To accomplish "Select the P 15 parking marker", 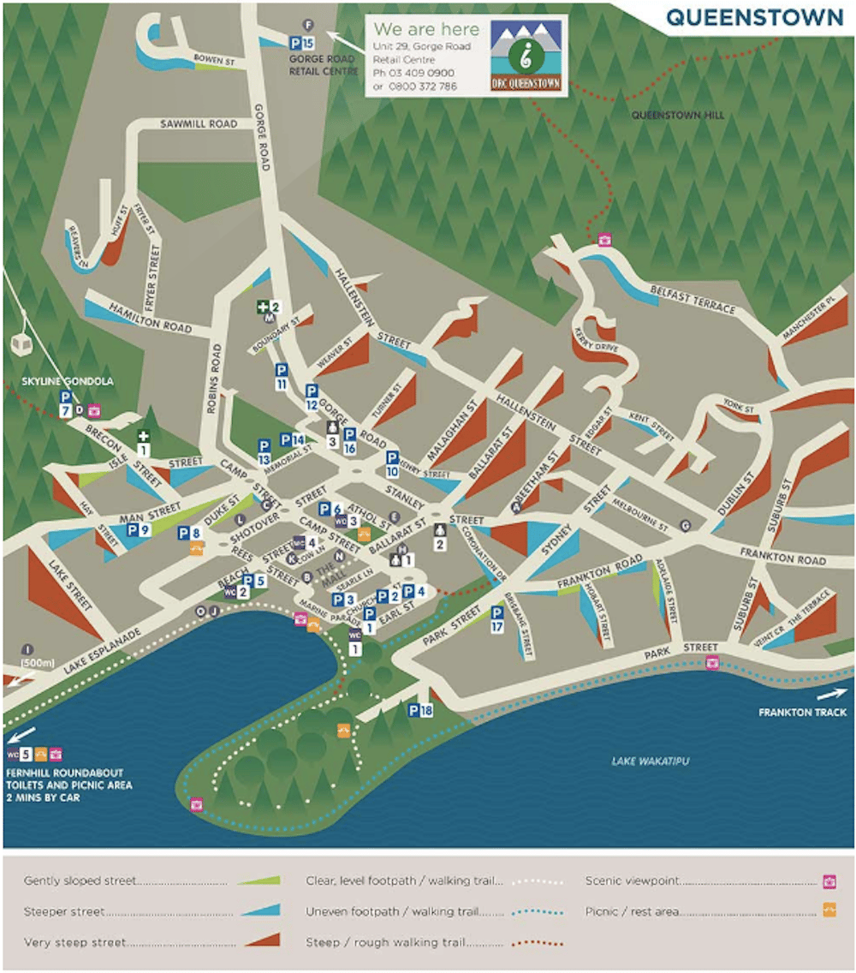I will pos(302,42).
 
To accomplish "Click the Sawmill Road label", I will pos(199,124).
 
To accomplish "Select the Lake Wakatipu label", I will pos(651,761).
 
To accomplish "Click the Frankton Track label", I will pos(802,712).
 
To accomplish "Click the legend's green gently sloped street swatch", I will pos(260,880).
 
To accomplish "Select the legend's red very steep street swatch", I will pos(260,942).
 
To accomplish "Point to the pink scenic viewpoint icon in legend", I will pos(829,880).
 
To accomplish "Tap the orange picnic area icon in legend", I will pos(829,910).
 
